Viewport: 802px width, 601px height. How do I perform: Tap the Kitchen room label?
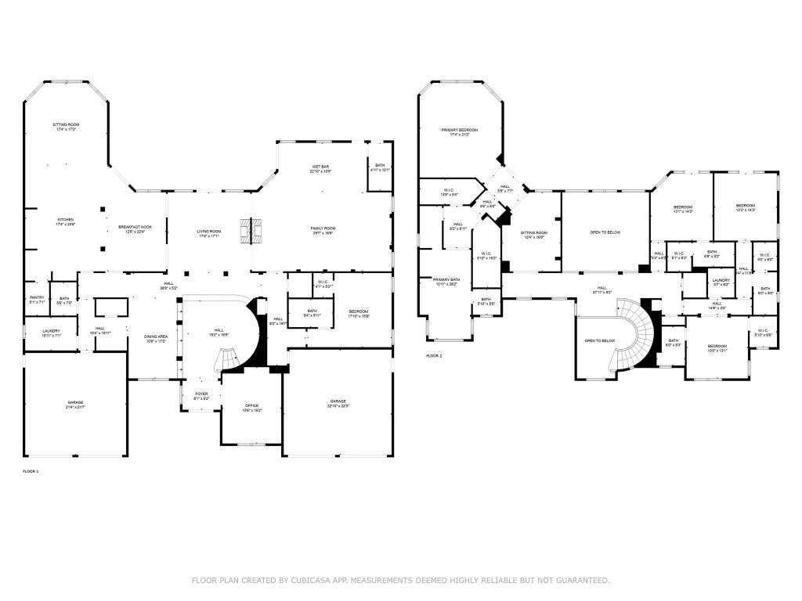coord(64,221)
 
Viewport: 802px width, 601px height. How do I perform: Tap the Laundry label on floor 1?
coord(51,333)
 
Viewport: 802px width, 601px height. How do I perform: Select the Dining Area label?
coord(155,338)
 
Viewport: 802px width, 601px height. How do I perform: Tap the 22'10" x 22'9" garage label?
coord(338,402)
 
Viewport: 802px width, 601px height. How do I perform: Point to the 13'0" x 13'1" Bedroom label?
coord(717,348)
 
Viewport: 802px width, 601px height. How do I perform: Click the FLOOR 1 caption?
coord(31,471)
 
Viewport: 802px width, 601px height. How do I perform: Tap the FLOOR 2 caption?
coord(434,356)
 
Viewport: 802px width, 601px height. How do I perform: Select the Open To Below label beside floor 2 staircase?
coord(600,341)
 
